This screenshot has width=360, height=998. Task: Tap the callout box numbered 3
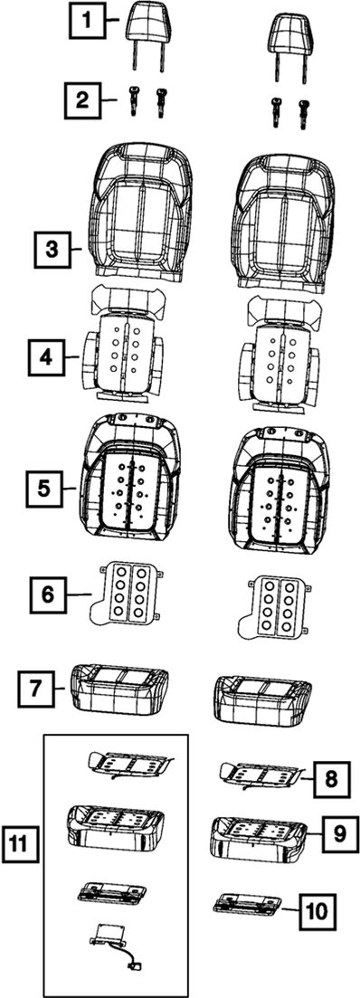[x=51, y=250]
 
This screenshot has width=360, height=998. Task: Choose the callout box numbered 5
[x=43, y=489]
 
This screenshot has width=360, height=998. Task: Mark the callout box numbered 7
[x=35, y=688]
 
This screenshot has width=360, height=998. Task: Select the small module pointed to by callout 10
[x=247, y=905]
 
